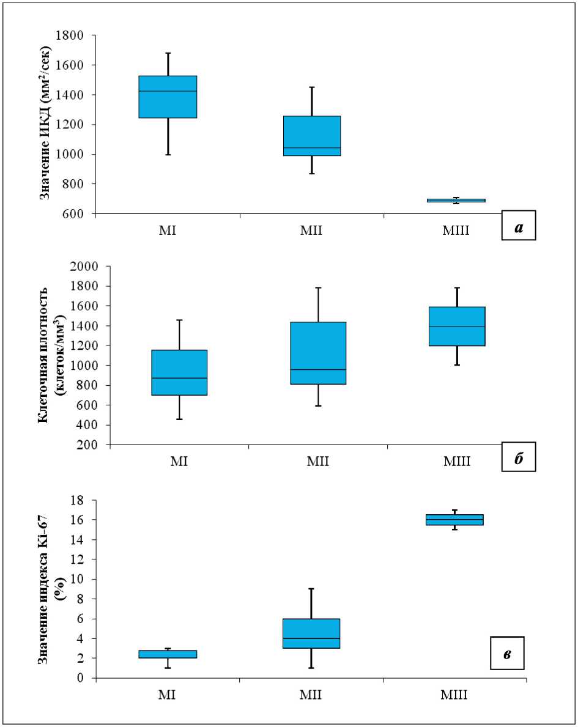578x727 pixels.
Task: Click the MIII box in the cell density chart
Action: tap(456, 326)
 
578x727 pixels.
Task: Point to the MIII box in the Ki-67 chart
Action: tap(454, 520)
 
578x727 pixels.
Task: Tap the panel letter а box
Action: tap(519, 226)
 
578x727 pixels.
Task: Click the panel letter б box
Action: tap(518, 457)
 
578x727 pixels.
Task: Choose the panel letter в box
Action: tap(507, 653)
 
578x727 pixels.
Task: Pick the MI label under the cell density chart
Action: tap(179, 461)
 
